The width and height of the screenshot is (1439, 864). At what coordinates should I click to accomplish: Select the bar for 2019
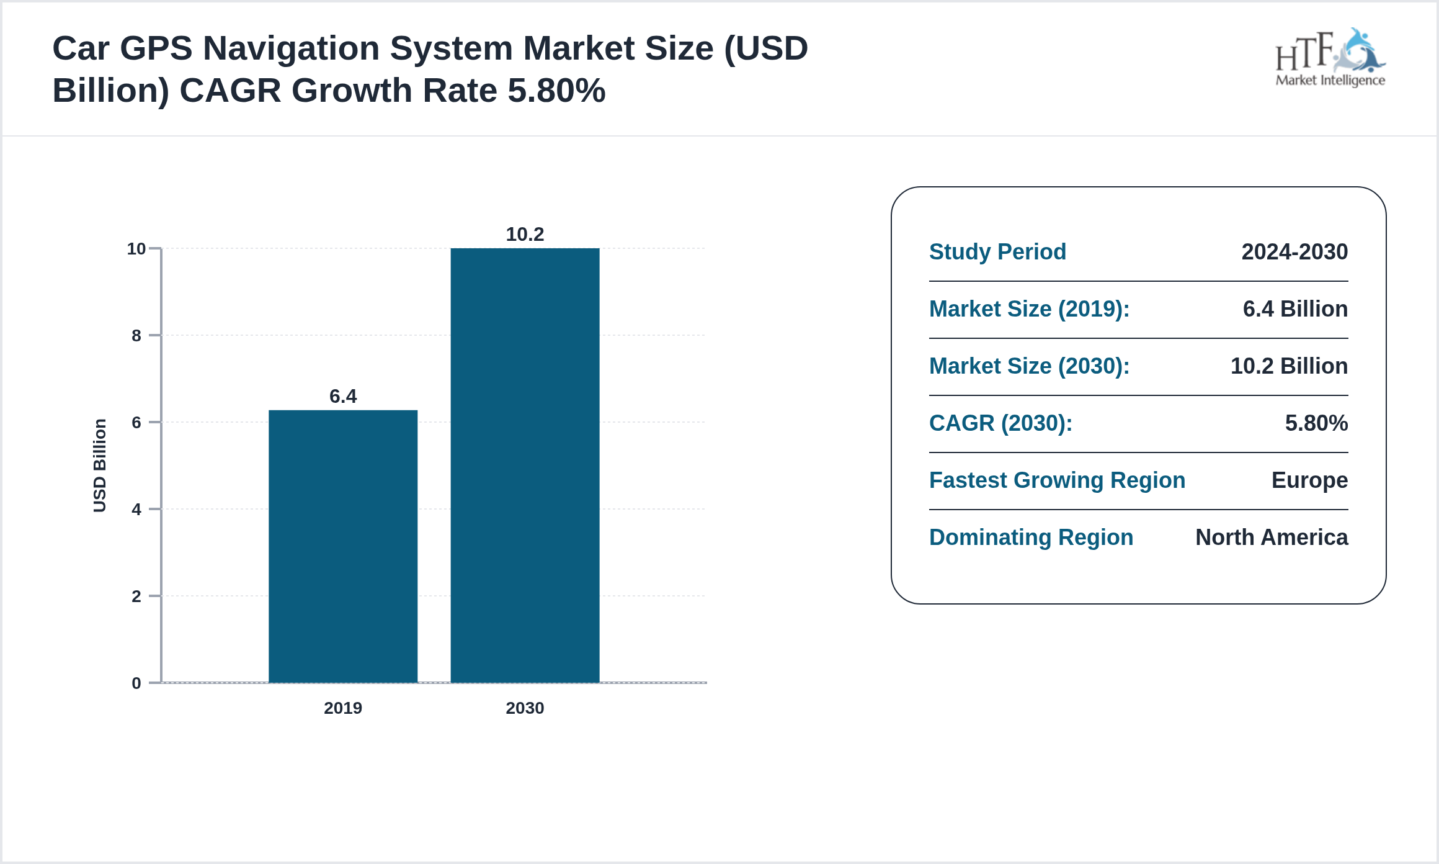pyautogui.click(x=343, y=546)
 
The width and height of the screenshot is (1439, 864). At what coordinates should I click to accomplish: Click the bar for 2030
pyautogui.click(x=525, y=466)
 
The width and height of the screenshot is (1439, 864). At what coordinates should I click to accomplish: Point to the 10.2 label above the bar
pyautogui.click(x=525, y=234)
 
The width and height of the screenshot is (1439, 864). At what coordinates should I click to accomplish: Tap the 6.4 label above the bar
pyautogui.click(x=343, y=396)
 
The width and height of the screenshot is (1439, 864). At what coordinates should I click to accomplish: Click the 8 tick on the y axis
pyautogui.click(x=136, y=336)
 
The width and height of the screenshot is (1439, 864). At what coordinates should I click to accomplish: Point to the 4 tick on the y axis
pyautogui.click(x=136, y=510)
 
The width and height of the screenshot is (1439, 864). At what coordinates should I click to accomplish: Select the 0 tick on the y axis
pyautogui.click(x=136, y=683)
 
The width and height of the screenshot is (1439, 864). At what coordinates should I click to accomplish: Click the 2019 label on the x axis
pyautogui.click(x=343, y=708)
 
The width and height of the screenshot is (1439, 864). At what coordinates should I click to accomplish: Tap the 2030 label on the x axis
pyautogui.click(x=525, y=708)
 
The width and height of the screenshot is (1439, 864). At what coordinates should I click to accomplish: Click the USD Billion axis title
pyautogui.click(x=100, y=466)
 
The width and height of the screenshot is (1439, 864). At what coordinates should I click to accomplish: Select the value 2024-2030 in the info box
pyautogui.click(x=1294, y=252)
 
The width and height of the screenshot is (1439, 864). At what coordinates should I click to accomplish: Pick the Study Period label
pyautogui.click(x=997, y=252)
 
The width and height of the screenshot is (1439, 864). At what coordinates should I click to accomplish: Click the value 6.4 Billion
pyautogui.click(x=1295, y=309)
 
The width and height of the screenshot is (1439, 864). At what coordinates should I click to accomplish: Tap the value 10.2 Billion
pyautogui.click(x=1289, y=366)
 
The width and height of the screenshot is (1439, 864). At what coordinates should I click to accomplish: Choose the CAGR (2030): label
pyautogui.click(x=1000, y=423)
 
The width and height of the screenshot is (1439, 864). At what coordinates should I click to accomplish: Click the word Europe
pyautogui.click(x=1309, y=480)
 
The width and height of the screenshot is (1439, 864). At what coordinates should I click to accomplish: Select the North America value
pyautogui.click(x=1272, y=538)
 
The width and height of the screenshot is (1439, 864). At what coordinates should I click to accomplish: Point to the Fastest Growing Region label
pyautogui.click(x=1057, y=480)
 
